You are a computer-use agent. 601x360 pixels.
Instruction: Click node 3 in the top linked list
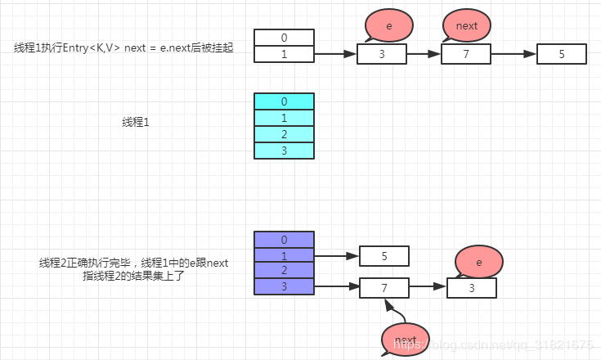pyautogui.click(x=382, y=55)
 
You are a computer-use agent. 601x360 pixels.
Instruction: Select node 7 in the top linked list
pyautogui.click(x=465, y=55)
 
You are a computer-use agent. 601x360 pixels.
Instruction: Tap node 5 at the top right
pyautogui.click(x=562, y=55)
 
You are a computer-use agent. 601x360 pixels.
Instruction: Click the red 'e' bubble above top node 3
pyautogui.click(x=389, y=26)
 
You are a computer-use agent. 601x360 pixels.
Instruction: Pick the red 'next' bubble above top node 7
pyautogui.click(x=466, y=26)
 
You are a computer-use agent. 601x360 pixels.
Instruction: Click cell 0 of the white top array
pyautogui.click(x=284, y=38)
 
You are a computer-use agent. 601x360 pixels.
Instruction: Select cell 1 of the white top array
pyautogui.click(x=284, y=54)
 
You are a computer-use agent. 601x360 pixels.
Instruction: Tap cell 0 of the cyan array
pyautogui.click(x=284, y=101)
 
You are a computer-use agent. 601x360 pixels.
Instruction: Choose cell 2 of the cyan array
pyautogui.click(x=284, y=134)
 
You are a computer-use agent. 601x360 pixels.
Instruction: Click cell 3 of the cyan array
pyautogui.click(x=284, y=151)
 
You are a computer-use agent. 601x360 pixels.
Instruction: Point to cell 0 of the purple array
pyautogui.click(x=284, y=240)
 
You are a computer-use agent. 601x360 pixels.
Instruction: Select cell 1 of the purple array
pyautogui.click(x=284, y=255)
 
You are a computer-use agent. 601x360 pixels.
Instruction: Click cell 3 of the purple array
pyautogui.click(x=284, y=286)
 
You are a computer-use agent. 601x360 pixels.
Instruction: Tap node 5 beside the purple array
pyautogui.click(x=384, y=256)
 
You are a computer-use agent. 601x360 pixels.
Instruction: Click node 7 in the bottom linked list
pyautogui.click(x=384, y=288)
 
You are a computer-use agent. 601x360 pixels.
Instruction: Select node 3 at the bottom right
pyautogui.click(x=472, y=288)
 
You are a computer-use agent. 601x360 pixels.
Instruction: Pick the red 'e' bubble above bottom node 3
pyautogui.click(x=478, y=262)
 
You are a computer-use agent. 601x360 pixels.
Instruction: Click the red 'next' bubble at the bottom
pyautogui.click(x=406, y=340)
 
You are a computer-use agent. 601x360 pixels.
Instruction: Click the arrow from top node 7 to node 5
pyautogui.click(x=513, y=55)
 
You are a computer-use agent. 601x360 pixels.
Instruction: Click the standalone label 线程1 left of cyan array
pyautogui.click(x=136, y=122)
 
